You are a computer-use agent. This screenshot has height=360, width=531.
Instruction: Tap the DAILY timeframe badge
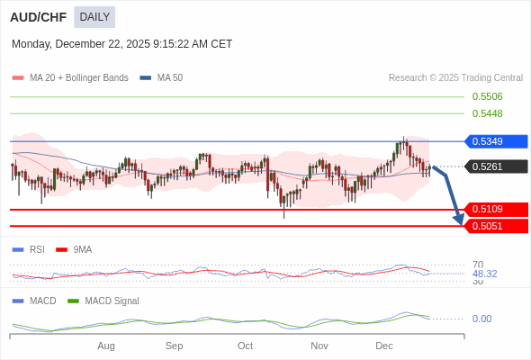[94, 16]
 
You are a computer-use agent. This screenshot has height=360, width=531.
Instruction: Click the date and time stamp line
[121, 43]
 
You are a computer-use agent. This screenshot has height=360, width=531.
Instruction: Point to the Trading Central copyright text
[455, 78]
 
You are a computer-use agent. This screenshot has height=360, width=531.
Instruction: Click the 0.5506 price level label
[487, 96]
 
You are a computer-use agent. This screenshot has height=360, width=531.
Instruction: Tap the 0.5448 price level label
[487, 113]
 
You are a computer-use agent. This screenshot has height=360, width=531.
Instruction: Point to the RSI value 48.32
[484, 274]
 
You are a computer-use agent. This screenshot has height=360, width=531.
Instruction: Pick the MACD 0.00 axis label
[481, 319]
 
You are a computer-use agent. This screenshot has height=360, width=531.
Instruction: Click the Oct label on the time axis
[245, 346]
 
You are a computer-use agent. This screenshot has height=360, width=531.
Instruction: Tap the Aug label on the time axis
[106, 346]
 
